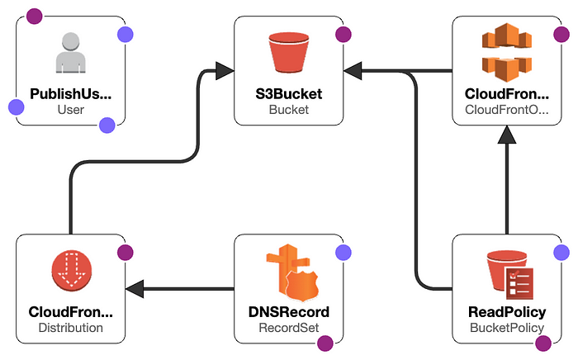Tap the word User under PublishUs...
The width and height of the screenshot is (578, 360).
(x=71, y=109)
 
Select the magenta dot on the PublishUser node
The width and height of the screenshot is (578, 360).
(x=33, y=16)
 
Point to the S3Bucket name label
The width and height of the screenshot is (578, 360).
(x=288, y=93)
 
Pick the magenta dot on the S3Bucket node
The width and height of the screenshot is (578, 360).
(x=343, y=34)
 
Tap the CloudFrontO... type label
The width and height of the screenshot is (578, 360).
(x=506, y=109)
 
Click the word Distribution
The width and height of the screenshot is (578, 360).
(x=71, y=328)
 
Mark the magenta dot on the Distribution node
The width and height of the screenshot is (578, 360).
(x=125, y=253)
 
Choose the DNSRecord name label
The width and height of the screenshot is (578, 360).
(x=288, y=312)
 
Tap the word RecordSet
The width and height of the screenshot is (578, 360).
(x=288, y=328)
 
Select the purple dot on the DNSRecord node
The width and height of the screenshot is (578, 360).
(x=343, y=253)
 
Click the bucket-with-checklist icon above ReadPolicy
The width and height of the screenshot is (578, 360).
(x=506, y=273)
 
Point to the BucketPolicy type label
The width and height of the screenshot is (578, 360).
(x=506, y=328)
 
